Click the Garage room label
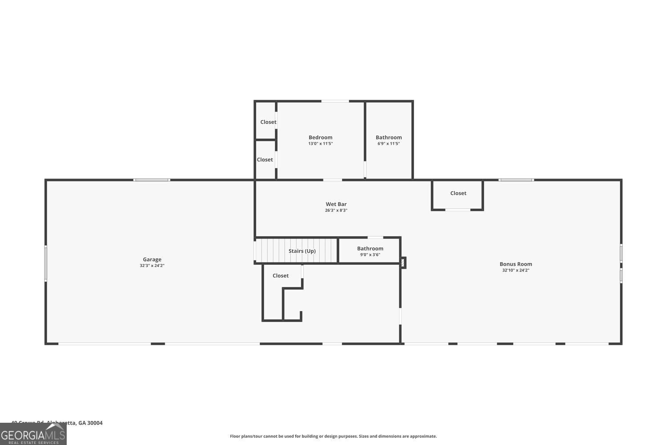(152, 259)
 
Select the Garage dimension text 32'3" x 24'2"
(152, 266)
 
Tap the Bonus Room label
(516, 264)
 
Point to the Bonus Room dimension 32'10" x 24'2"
(516, 270)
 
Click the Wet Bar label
(336, 204)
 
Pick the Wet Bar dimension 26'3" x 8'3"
(336, 210)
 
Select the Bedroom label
(321, 138)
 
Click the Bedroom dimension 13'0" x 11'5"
(321, 144)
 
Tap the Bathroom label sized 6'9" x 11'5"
(389, 138)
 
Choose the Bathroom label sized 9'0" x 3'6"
(370, 249)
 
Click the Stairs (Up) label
(302, 251)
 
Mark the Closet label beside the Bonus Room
(458, 193)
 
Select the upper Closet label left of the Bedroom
(268, 122)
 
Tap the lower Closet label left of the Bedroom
(265, 160)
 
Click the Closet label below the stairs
(281, 276)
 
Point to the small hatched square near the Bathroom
(403, 263)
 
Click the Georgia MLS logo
(33, 434)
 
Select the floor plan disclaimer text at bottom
(333, 436)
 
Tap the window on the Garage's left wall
(46, 263)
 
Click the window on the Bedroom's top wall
(335, 101)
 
